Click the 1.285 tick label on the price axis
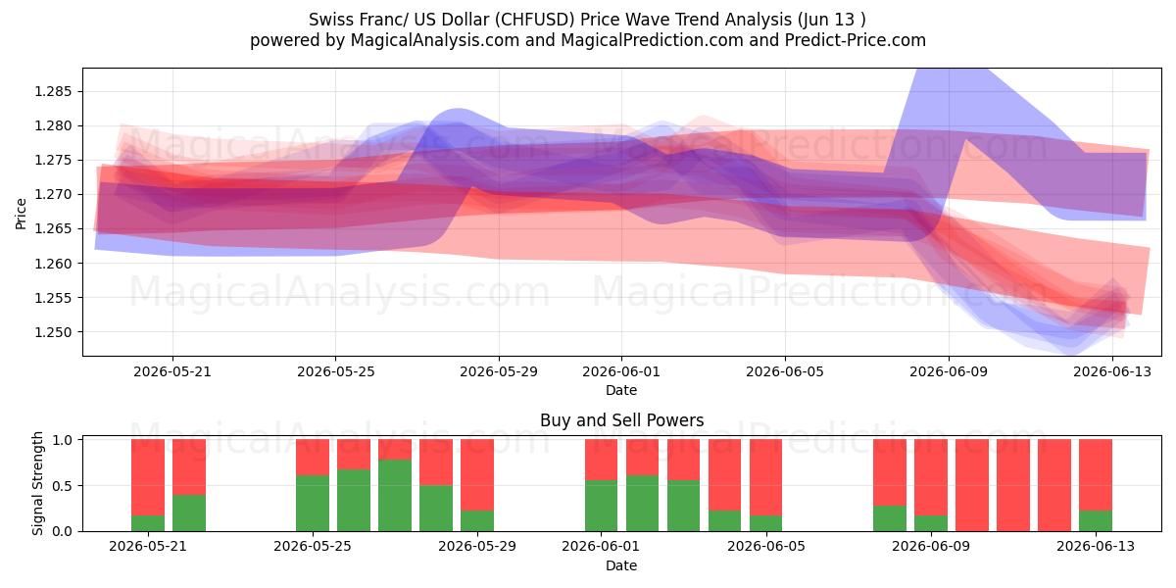pos(52,92)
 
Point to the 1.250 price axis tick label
pos(52,332)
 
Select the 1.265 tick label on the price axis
pos(52,229)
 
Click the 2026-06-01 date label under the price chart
pos(621,371)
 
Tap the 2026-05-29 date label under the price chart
pos(499,371)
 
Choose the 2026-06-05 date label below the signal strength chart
pos(766,546)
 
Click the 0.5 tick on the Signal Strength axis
pos(63,486)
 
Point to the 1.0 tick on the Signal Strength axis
pos(63,440)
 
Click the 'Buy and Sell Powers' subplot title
pos(621,420)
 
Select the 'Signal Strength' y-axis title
pos(37,483)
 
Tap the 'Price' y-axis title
pos(21,214)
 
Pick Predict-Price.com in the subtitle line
pos(856,40)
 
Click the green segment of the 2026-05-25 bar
pos(313,504)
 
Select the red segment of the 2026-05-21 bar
pos(148,478)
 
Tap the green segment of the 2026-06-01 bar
pos(601,506)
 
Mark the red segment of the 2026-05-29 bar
pos(477,475)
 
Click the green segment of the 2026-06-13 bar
pos(1096,520)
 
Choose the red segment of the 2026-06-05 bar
pos(766,478)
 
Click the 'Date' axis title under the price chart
pos(621,390)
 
